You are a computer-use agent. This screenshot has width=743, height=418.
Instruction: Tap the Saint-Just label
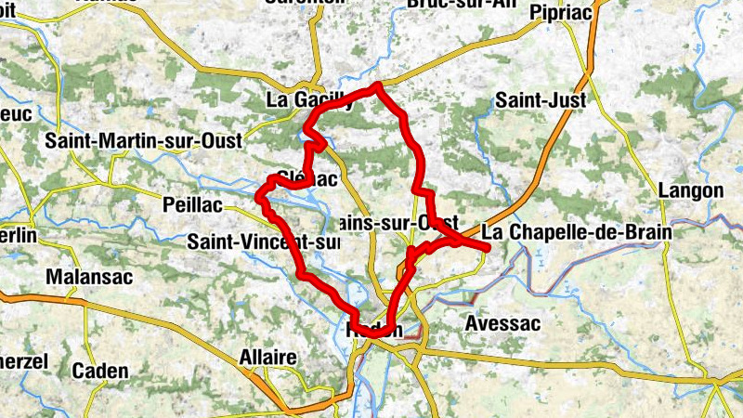[535, 99]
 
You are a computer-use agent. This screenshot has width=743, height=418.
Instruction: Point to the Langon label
[690, 190]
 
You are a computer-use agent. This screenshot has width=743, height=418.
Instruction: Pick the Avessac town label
[501, 324]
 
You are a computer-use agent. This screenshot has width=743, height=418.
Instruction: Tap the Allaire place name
[267, 358]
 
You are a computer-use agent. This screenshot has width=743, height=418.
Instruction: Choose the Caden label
[100, 371]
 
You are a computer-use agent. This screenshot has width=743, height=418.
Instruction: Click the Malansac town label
[89, 277]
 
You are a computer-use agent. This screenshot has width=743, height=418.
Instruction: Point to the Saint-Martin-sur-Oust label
[144, 140]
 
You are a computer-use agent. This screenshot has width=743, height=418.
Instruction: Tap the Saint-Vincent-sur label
[264, 242]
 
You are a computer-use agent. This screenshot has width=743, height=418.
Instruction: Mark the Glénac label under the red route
[306, 179]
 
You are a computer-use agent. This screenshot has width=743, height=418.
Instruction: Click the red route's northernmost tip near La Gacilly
[377, 86]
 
